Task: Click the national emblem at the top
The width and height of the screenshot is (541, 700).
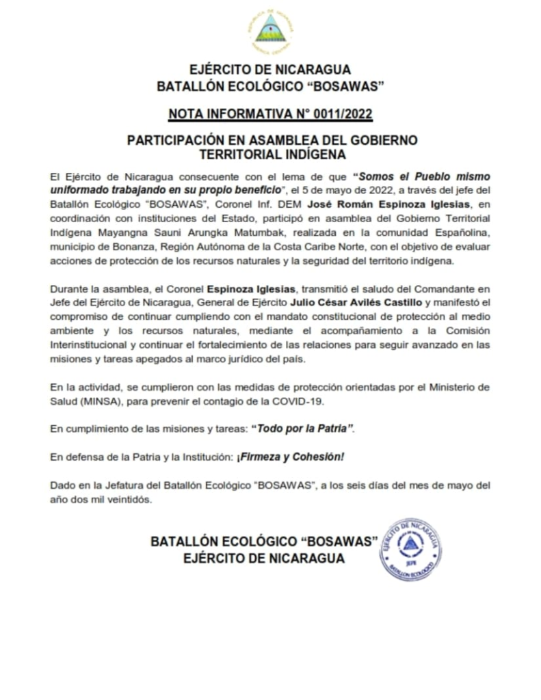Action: (x=270, y=29)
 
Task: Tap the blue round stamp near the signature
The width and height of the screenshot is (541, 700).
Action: (x=410, y=549)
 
